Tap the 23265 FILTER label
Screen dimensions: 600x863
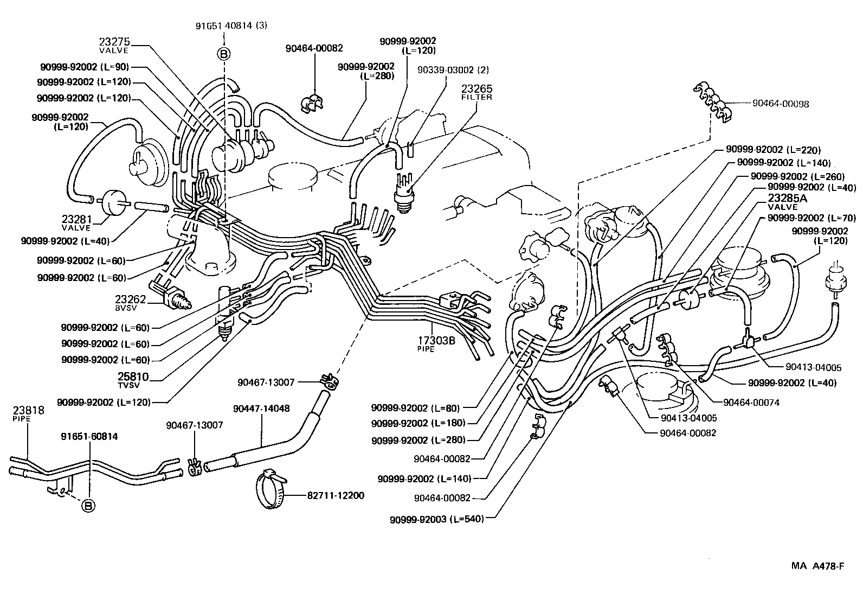pyautogui.click(x=476, y=92)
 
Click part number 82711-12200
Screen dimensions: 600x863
pyautogui.click(x=336, y=495)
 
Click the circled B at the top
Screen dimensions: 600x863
pyautogui.click(x=224, y=53)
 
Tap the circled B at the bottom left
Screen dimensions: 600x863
pyautogui.click(x=88, y=506)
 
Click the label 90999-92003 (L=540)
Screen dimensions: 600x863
pyautogui.click(x=436, y=519)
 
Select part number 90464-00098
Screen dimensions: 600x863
pyautogui.click(x=780, y=104)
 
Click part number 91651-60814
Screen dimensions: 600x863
pyautogui.click(x=89, y=436)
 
